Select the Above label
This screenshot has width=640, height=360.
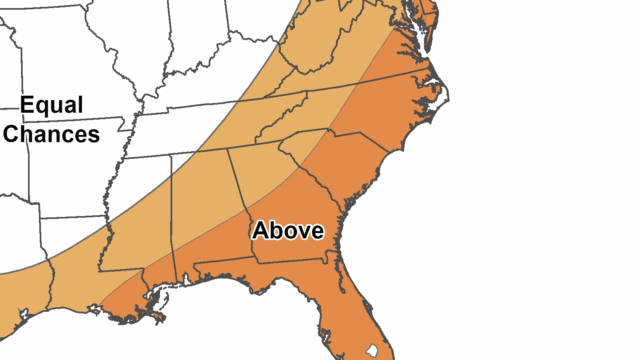(x=288, y=230)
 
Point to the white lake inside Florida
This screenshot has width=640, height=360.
(x=371, y=353)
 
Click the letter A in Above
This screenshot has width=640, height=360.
(x=260, y=230)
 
